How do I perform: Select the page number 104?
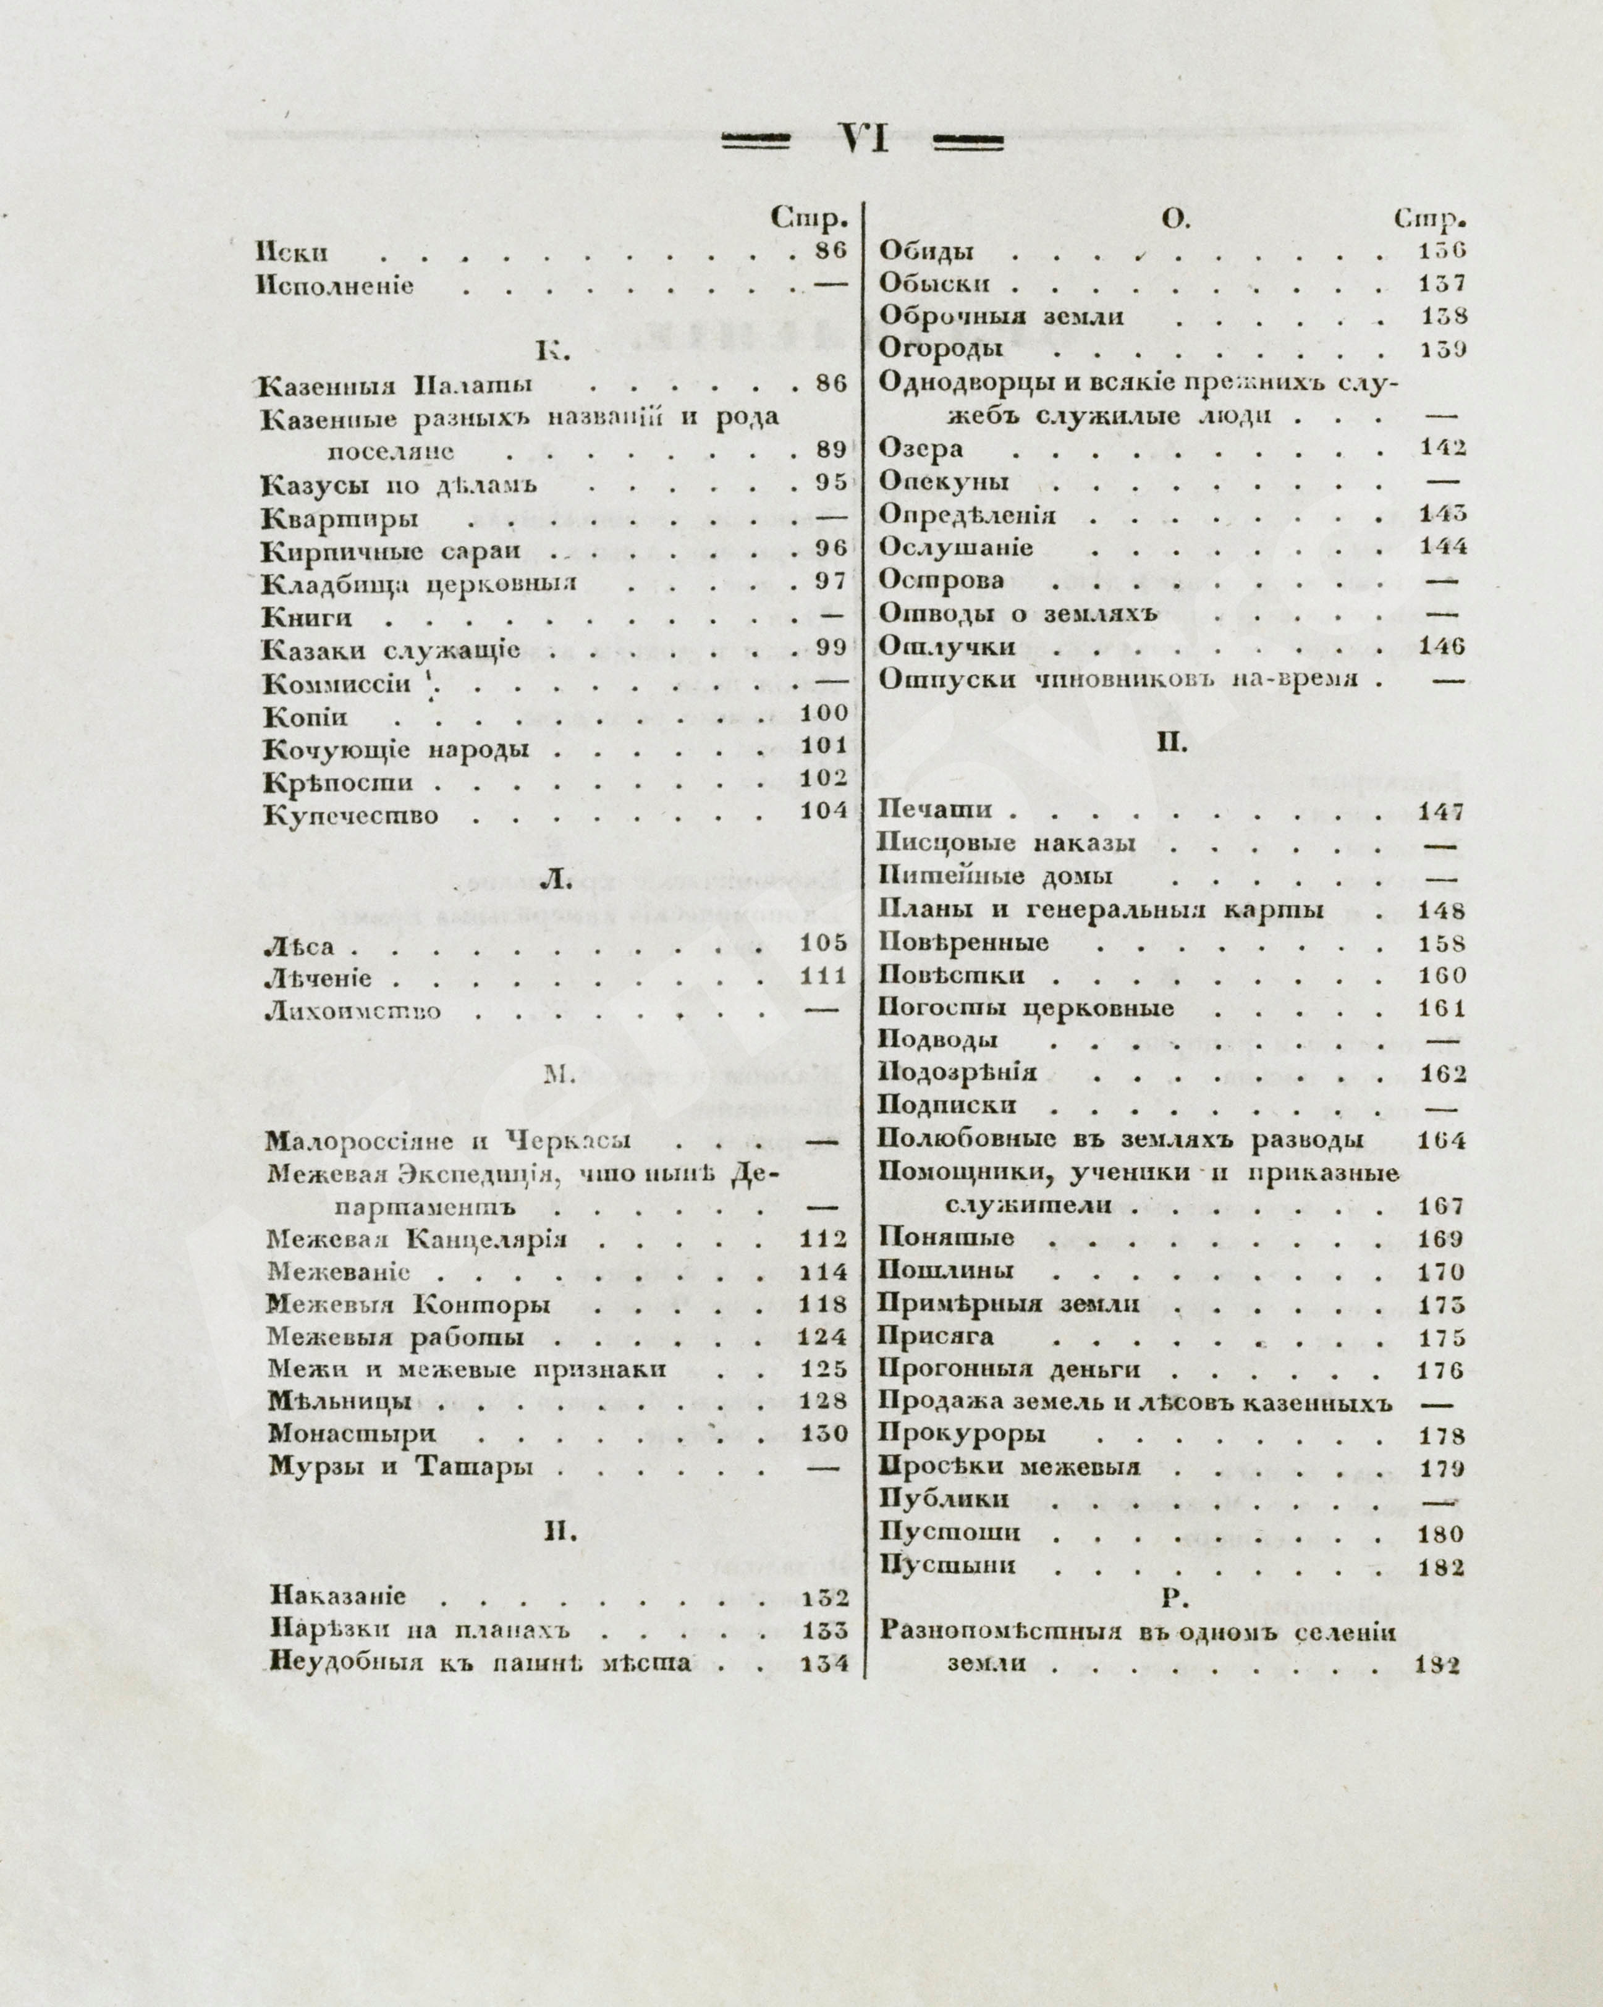point(824,811)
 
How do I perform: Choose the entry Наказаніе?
point(338,1597)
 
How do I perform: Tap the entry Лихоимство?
point(353,1012)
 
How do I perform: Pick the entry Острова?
point(942,581)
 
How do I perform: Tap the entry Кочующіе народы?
point(397,750)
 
